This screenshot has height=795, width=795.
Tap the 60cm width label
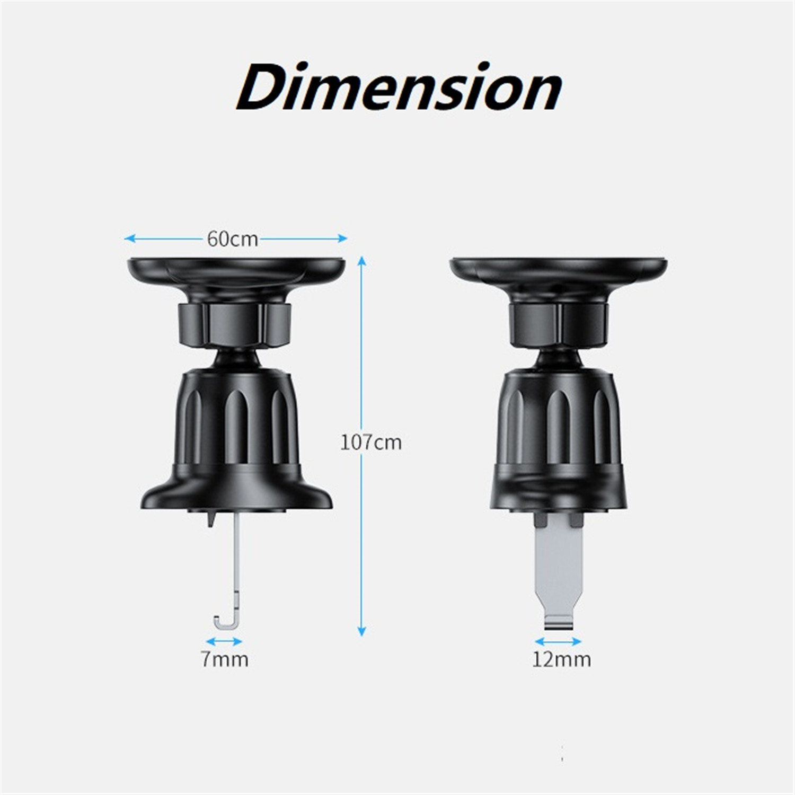pyautogui.click(x=232, y=240)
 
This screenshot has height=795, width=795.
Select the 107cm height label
pyautogui.click(x=370, y=442)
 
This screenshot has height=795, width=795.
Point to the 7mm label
pyautogui.click(x=225, y=660)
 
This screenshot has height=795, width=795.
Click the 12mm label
pyautogui.click(x=561, y=660)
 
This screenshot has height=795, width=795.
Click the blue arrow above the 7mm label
pyautogui.click(x=225, y=641)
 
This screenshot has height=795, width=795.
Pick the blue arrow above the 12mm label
pyautogui.click(x=559, y=641)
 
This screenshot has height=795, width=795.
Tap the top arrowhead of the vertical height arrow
pyautogui.click(x=362, y=261)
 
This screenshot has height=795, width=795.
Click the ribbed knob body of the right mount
pyautogui.click(x=559, y=419)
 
